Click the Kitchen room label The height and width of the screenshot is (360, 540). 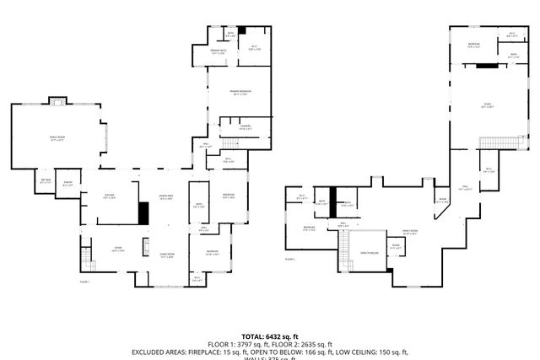tap(109, 196)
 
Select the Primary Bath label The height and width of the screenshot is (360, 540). tap(219, 52)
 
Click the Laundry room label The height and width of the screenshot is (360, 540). tap(245, 127)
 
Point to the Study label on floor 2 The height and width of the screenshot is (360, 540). tap(487, 106)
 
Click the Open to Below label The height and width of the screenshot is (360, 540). tap(369, 253)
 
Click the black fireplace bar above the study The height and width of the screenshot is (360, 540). tap(488, 65)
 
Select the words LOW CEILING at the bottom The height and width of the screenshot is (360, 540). tap(356, 352)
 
